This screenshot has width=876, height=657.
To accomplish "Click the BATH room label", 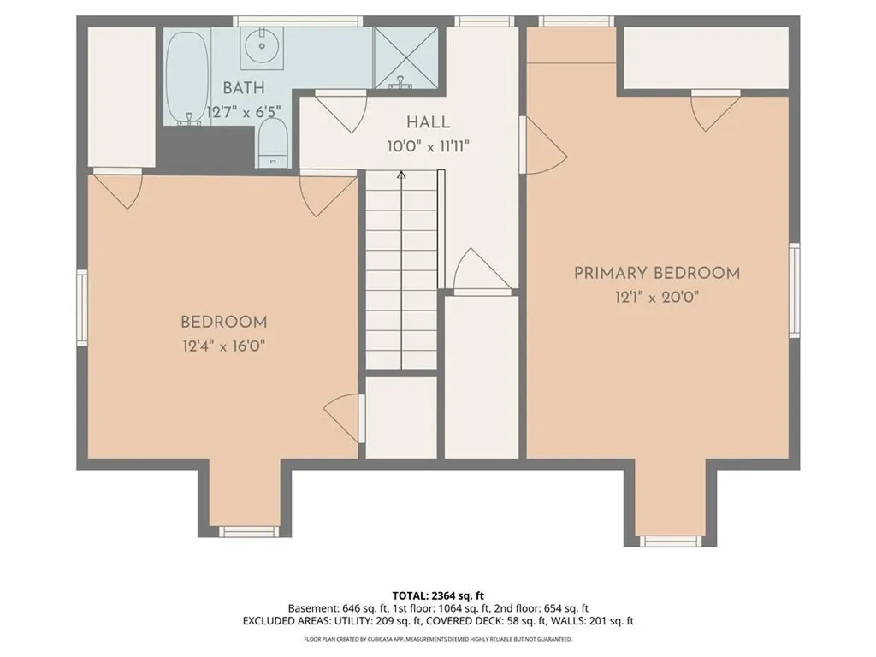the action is pyautogui.click(x=244, y=88).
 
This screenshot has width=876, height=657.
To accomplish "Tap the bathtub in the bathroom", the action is pyautogui.click(x=187, y=78).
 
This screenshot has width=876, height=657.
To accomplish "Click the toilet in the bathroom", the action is pyautogui.click(x=273, y=143).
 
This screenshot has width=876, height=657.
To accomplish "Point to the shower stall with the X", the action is pyautogui.click(x=406, y=57).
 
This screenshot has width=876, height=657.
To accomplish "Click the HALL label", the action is pyautogui.click(x=428, y=122).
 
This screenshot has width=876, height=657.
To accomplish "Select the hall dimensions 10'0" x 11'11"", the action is pyautogui.click(x=428, y=147).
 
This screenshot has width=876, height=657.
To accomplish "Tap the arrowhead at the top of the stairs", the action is pyautogui.click(x=401, y=175).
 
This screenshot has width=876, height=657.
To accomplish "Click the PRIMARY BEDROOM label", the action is pyautogui.click(x=657, y=273).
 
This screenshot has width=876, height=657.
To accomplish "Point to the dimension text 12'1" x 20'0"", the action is pyautogui.click(x=657, y=297).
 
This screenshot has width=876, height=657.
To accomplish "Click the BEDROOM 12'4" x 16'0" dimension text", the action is pyautogui.click(x=223, y=346).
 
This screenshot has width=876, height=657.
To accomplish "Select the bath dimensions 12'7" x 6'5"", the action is pyautogui.click(x=244, y=112).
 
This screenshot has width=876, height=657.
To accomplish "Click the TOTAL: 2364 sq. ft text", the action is pyautogui.click(x=438, y=595).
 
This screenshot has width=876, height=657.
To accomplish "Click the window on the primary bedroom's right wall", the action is pyautogui.click(x=794, y=290).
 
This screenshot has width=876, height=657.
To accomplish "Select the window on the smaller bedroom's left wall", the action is pyautogui.click(x=82, y=307).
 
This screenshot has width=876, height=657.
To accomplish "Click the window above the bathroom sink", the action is pyautogui.click(x=297, y=21).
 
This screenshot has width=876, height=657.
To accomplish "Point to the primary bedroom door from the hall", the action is pyautogui.click(x=542, y=145).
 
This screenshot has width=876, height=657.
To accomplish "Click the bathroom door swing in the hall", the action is pyautogui.click(x=340, y=111).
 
